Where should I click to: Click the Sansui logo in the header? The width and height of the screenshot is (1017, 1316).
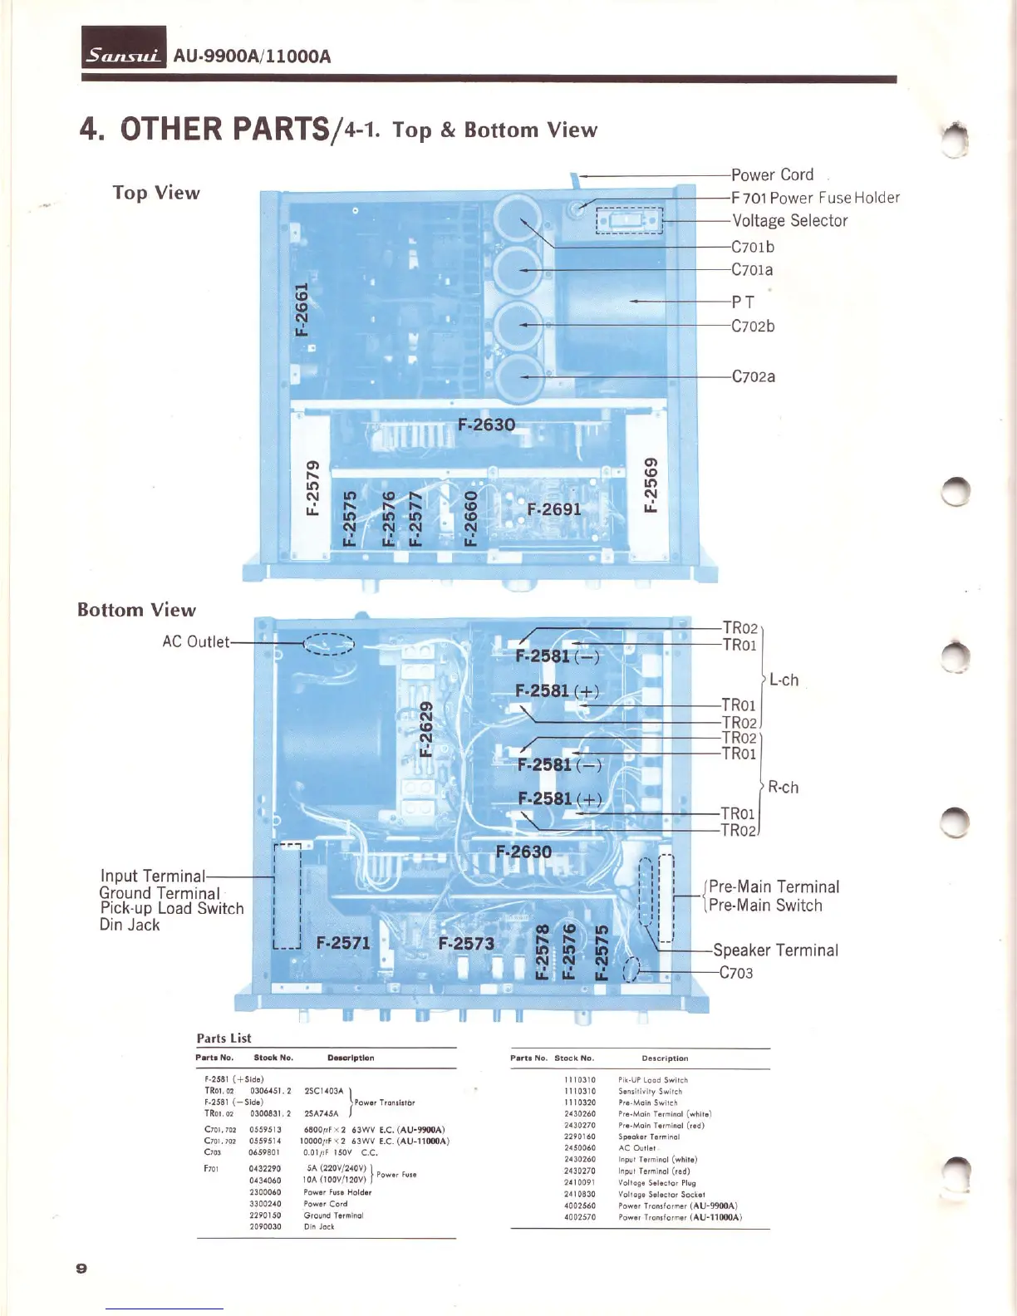click(x=124, y=55)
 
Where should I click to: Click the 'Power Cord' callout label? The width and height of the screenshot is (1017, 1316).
click(x=772, y=174)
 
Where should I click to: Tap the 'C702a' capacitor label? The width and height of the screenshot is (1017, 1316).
click(x=753, y=376)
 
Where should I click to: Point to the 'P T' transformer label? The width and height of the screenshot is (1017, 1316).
click(x=743, y=302)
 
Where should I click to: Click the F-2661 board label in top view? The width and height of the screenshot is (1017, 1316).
click(x=302, y=308)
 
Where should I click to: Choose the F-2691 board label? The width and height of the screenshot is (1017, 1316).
click(x=554, y=509)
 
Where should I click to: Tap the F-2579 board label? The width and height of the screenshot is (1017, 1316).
click(x=312, y=487)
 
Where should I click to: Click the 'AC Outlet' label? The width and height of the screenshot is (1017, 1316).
click(x=195, y=642)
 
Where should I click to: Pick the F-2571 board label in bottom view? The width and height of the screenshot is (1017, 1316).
click(x=343, y=942)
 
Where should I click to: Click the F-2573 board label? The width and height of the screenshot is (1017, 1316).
click(x=466, y=943)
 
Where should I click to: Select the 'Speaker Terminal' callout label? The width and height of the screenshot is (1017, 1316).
click(x=775, y=950)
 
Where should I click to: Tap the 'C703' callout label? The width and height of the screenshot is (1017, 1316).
click(x=736, y=973)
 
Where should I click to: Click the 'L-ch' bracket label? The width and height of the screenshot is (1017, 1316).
click(x=784, y=680)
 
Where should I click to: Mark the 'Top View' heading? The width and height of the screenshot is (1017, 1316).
click(x=156, y=193)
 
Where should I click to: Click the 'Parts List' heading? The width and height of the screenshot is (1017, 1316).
click(x=224, y=1038)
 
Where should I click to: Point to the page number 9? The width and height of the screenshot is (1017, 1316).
click(x=81, y=1268)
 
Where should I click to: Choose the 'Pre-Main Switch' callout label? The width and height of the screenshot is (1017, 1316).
click(x=765, y=906)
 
